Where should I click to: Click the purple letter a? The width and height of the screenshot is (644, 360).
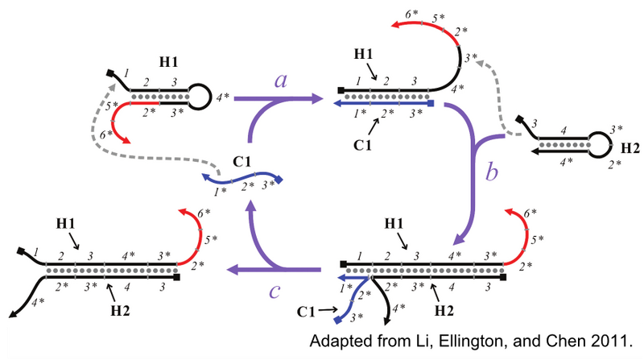(282, 81)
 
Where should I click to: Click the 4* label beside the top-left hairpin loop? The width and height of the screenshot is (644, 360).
(222, 97)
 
